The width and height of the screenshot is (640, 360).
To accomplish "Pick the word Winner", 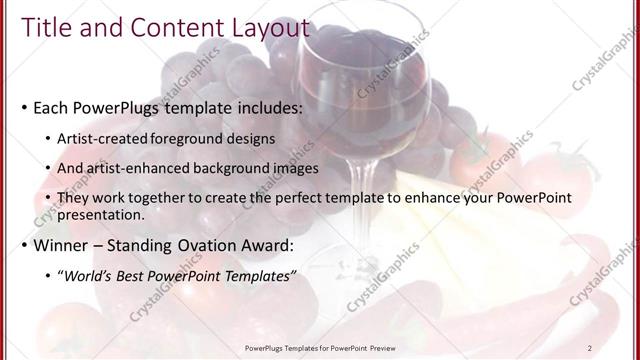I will [x=65, y=244].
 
